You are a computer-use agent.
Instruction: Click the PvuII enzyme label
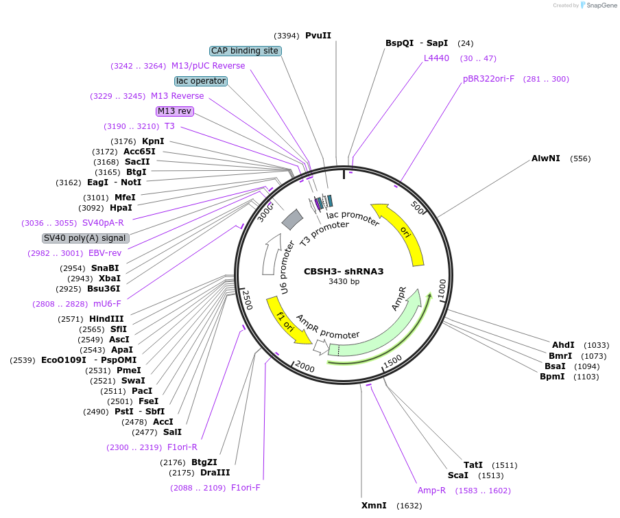click(318, 36)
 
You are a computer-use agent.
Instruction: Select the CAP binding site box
click(245, 51)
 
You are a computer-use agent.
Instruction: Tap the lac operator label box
click(200, 81)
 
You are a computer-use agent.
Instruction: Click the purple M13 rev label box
click(175, 111)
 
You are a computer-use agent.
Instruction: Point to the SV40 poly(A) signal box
click(85, 238)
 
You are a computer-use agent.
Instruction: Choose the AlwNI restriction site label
click(545, 158)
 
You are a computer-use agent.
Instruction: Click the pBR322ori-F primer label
click(488, 79)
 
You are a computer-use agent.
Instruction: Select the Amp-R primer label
click(431, 491)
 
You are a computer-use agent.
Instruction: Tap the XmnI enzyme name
click(374, 506)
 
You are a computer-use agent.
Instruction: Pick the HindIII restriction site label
click(106, 319)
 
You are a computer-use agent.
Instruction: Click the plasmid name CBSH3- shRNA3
click(344, 271)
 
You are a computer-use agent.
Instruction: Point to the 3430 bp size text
click(344, 281)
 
